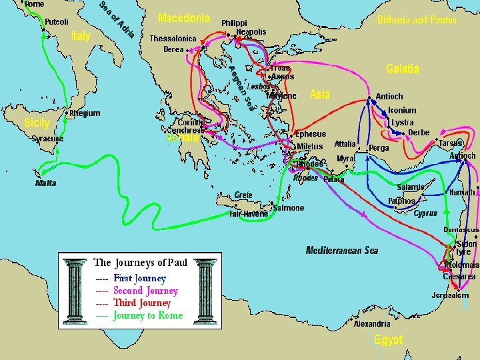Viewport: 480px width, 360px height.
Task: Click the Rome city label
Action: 35,4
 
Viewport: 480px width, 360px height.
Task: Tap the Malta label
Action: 45,183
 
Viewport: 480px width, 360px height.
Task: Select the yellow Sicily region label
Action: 37,123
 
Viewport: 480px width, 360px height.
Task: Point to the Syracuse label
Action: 48,139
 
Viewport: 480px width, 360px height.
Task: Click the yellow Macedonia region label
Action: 184,18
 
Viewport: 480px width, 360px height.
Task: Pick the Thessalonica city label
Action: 173,39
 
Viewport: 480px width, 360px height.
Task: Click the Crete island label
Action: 243,195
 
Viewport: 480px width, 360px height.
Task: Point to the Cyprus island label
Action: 425,214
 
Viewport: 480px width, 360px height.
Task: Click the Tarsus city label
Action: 451,143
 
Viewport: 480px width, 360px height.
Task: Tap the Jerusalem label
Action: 450,295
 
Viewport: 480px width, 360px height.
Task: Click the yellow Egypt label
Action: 388,340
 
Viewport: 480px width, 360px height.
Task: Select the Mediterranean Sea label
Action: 341,251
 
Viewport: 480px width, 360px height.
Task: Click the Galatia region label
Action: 403,69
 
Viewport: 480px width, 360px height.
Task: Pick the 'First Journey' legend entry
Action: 139,278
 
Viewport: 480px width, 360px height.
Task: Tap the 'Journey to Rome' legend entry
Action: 147,315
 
